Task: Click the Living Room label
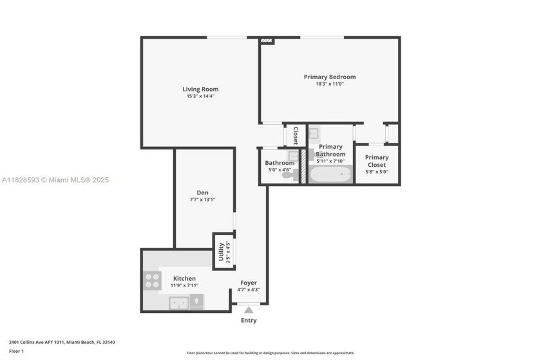pyautogui.click(x=200, y=90)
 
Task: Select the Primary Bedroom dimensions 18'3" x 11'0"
pyautogui.click(x=330, y=84)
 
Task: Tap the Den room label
pyautogui.click(x=202, y=193)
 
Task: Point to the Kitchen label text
pyautogui.click(x=184, y=278)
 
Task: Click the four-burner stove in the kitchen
pyautogui.click(x=153, y=280)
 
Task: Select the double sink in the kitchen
pyautogui.click(x=178, y=302)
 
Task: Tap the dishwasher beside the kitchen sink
pyautogui.click(x=196, y=301)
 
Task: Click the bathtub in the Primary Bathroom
pyautogui.click(x=330, y=175)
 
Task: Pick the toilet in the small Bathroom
pyautogui.click(x=288, y=175)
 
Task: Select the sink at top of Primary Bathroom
pyautogui.click(x=313, y=134)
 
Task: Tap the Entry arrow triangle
pyautogui.click(x=249, y=310)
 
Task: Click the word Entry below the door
pyautogui.click(x=249, y=321)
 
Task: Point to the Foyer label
pyautogui.click(x=249, y=283)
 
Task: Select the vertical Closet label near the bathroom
pyautogui.click(x=296, y=135)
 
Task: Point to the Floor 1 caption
pyautogui.click(x=16, y=351)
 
